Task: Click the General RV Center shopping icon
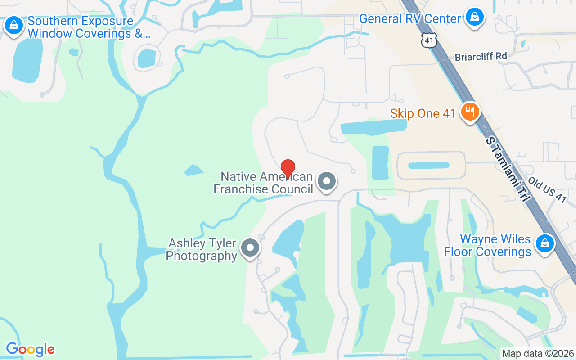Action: (x=474, y=17)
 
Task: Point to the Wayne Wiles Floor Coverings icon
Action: (x=544, y=243)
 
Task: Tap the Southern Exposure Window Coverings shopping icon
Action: (x=14, y=25)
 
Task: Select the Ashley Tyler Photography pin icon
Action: (x=250, y=248)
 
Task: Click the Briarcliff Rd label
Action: (x=481, y=57)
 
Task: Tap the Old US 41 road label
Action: (x=547, y=189)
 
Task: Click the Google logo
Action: (x=30, y=349)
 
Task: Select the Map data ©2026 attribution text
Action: (x=538, y=353)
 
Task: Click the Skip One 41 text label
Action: (x=423, y=113)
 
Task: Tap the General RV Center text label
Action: (x=410, y=19)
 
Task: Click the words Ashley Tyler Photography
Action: (x=202, y=250)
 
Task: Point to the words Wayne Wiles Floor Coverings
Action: (x=488, y=245)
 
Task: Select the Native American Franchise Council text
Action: (x=263, y=183)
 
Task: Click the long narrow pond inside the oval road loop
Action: (x=428, y=165)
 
